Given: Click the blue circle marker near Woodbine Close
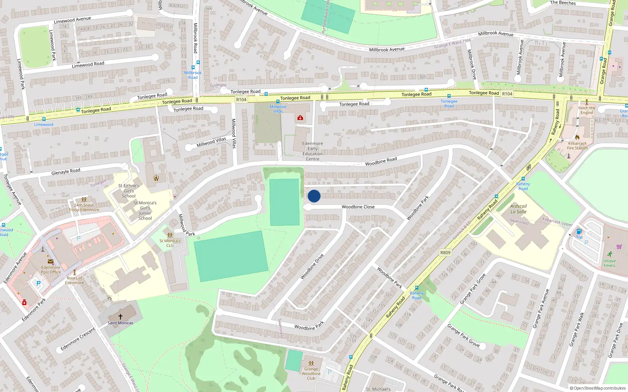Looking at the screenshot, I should (314, 196).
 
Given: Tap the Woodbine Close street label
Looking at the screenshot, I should (358, 207).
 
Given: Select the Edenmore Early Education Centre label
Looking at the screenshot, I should (312, 151).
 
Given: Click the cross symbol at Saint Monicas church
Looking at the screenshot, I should (120, 316).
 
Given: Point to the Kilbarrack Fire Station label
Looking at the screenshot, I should (577, 146).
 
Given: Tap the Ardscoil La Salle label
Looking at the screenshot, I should (518, 209).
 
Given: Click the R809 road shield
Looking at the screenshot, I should (445, 252).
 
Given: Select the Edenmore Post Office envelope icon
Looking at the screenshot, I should (51, 261).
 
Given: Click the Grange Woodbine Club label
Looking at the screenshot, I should (311, 374).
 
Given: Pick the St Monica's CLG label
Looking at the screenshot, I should (170, 243).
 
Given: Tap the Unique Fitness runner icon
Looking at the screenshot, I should (610, 254).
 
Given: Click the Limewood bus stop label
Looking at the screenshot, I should (44, 125).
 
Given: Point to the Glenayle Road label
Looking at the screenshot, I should (66, 171).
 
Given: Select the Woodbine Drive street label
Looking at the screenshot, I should (312, 267).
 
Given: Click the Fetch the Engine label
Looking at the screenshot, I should (586, 110).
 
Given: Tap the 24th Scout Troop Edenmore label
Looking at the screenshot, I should (84, 207).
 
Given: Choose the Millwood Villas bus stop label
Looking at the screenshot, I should (278, 109).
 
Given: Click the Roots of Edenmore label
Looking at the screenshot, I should (75, 280).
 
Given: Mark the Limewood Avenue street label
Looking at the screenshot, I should (72, 20).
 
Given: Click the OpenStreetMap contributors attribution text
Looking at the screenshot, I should (598, 388).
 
